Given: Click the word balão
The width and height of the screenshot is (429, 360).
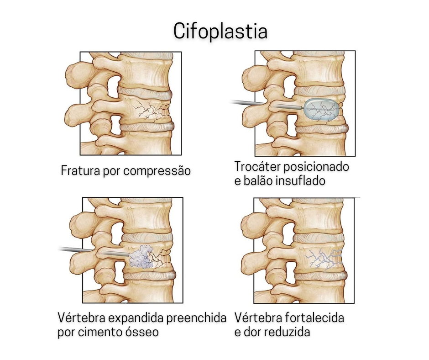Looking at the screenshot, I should pos(258,181).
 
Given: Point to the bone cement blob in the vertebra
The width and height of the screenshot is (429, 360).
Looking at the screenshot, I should pos(141,257).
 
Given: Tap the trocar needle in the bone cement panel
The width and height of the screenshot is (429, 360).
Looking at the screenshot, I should pos(87,250).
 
